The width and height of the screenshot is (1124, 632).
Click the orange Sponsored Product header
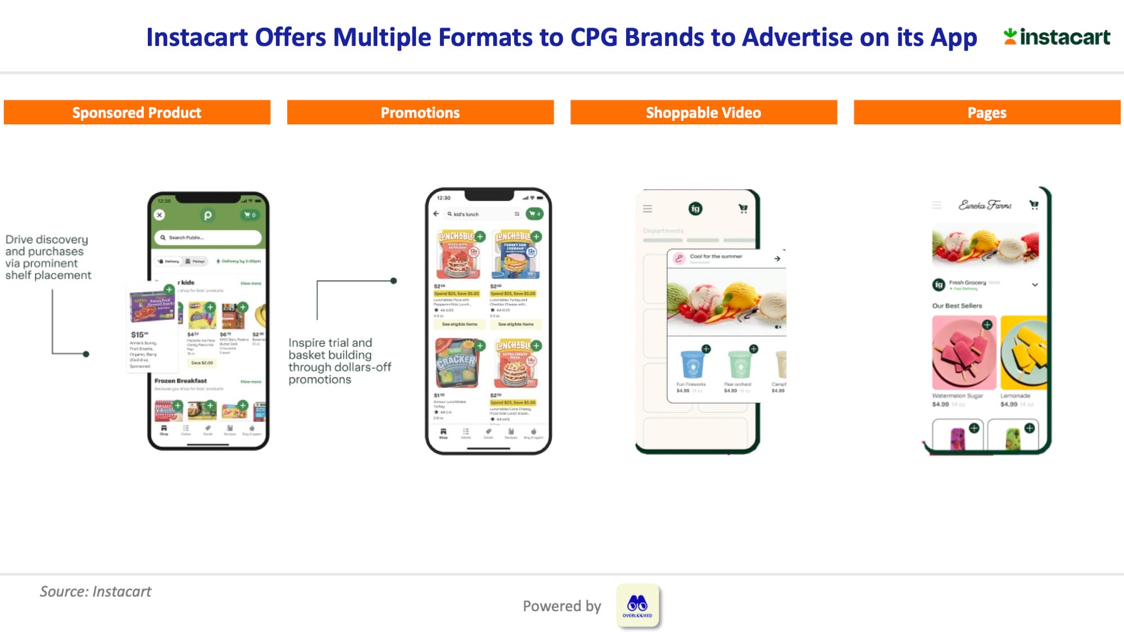click(137, 112)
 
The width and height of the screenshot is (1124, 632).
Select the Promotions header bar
click(420, 112)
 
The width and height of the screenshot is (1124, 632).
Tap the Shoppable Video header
click(703, 112)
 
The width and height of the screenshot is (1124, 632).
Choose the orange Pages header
click(986, 112)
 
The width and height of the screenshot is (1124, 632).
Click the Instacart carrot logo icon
click(1010, 37)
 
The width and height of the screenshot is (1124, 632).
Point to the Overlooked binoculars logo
click(637, 605)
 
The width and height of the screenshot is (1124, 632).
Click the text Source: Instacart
click(96, 592)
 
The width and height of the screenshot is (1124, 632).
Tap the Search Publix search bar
click(208, 238)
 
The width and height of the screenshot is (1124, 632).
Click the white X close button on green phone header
click(160, 215)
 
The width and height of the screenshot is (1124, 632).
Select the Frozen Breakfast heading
click(180, 381)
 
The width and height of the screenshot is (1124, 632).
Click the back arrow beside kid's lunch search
click(436, 214)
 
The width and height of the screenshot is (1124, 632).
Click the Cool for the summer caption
click(716, 256)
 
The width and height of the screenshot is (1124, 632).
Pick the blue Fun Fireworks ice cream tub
click(692, 364)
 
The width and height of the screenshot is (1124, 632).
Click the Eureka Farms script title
click(985, 206)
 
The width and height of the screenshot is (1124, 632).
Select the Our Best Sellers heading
click(957, 306)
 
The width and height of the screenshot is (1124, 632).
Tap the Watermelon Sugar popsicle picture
click(963, 353)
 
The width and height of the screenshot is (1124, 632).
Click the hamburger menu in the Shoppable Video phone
click(647, 209)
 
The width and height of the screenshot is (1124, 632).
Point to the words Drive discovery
click(47, 239)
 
